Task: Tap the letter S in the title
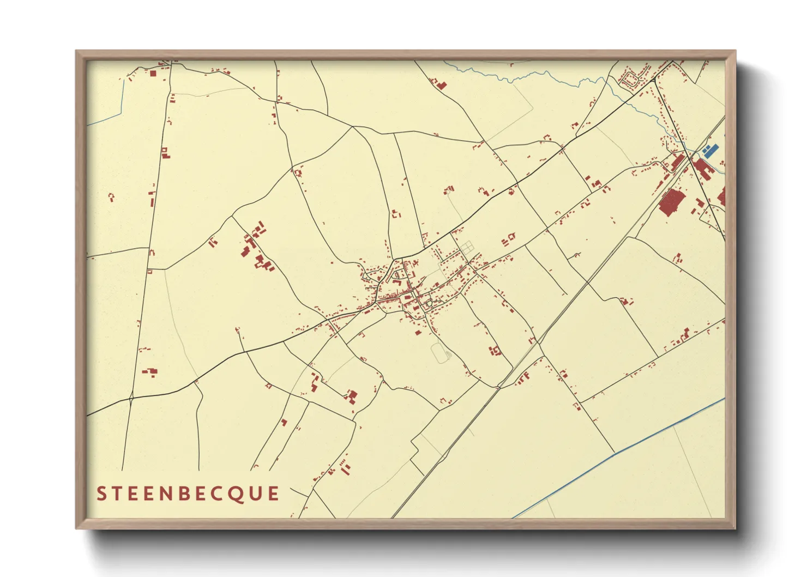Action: pos(101,494)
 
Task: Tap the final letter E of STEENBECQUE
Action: pos(273,494)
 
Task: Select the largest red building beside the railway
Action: pos(671,202)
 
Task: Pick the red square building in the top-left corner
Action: pos(153,73)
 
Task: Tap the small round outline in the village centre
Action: pos(429,304)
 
